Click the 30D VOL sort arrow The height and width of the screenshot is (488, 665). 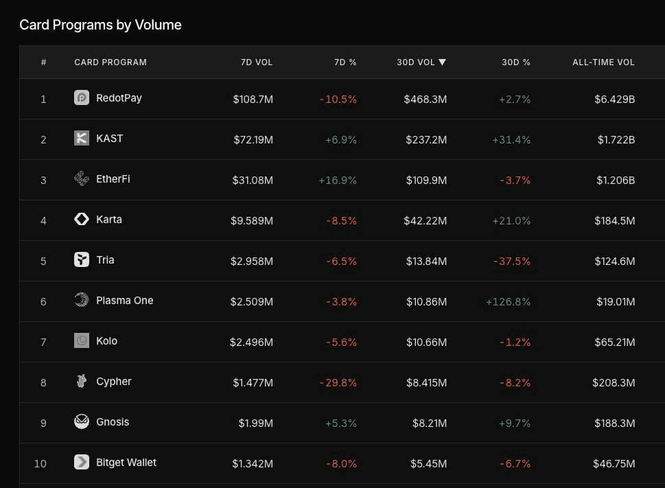tap(443, 62)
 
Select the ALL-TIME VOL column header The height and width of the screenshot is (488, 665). tap(603, 62)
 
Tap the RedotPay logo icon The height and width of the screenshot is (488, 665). tap(82, 97)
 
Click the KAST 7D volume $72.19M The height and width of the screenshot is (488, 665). tap(253, 139)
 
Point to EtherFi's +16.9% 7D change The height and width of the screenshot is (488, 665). tap(338, 181)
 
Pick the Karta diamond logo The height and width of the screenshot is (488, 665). tap(82, 219)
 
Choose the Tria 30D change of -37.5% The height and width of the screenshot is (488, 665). tap(512, 262)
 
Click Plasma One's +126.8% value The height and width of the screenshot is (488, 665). tap(508, 302)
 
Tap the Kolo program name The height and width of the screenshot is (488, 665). tap(106, 341)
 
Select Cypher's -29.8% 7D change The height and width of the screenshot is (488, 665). tap(338, 383)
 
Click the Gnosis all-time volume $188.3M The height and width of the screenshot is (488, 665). tap(614, 423)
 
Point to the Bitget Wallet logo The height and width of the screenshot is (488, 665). tap(82, 462)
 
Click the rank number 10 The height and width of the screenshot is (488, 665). tap(40, 464)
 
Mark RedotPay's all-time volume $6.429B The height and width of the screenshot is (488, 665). tap(614, 100)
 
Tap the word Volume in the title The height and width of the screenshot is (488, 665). tap(159, 25)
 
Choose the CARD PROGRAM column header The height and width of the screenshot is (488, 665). tap(110, 62)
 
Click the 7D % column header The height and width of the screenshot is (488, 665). tap(345, 62)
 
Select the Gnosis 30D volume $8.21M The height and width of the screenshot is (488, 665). tap(430, 423)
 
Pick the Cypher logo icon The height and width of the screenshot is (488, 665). tap(82, 381)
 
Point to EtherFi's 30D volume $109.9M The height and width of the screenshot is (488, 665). tap(426, 181)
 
